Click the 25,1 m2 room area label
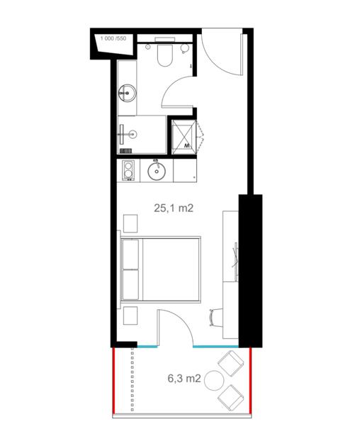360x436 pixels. pyautogui.click(x=174, y=208)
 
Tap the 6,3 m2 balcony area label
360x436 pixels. pyautogui.click(x=184, y=379)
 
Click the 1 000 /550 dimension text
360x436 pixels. pyautogui.click(x=113, y=38)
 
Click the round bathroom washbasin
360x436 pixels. pyautogui.click(x=128, y=93)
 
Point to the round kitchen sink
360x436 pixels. pyautogui.click(x=157, y=170)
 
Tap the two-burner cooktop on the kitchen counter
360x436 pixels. pyautogui.click(x=128, y=170)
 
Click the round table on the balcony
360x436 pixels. pyautogui.click(x=214, y=381)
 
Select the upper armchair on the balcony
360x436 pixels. pyautogui.click(x=231, y=363)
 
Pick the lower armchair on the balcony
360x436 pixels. pyautogui.click(x=231, y=398)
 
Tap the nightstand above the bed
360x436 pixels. pyautogui.click(x=130, y=223)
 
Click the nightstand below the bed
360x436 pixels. pyautogui.click(x=130, y=315)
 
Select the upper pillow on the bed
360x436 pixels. pyautogui.click(x=130, y=255)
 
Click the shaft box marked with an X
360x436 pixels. pyautogui.click(x=184, y=137)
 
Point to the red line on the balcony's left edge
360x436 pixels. pyautogui.click(x=113, y=381)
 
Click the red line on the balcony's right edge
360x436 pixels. pyautogui.click(x=250, y=381)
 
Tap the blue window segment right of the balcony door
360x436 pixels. pyautogui.click(x=215, y=347)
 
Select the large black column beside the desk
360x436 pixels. pyautogui.click(x=250, y=271)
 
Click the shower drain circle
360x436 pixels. pyautogui.click(x=133, y=135)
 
